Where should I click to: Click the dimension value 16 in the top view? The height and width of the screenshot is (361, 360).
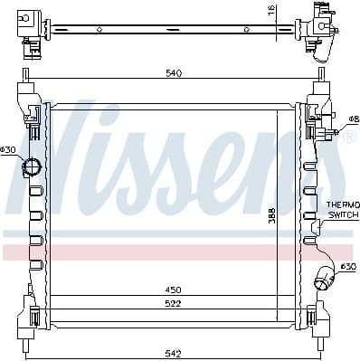click(x=270, y=13)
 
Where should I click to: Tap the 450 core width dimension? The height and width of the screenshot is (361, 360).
click(x=172, y=290)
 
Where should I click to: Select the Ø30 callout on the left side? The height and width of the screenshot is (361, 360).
click(x=8, y=149)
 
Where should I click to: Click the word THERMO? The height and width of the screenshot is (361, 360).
click(x=343, y=206)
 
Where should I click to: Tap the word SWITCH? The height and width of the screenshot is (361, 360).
click(x=343, y=215)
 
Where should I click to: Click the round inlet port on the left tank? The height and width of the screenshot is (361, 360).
click(x=33, y=167)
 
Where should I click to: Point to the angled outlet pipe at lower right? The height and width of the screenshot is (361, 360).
click(x=324, y=277)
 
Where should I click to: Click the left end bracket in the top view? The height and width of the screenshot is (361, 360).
click(x=30, y=25)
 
